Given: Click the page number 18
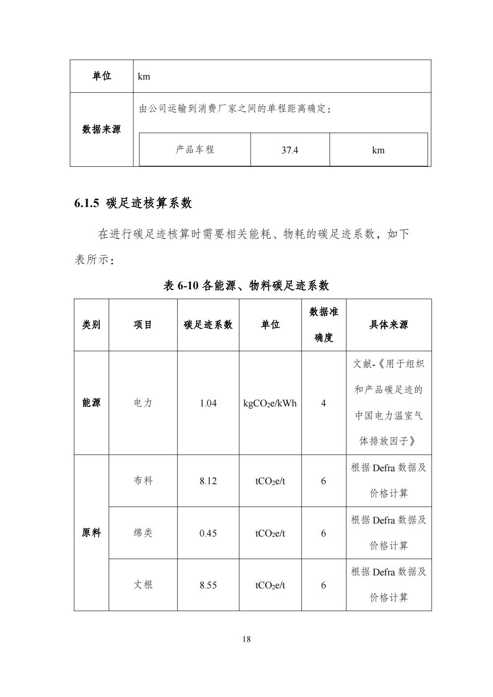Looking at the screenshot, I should tap(246, 639).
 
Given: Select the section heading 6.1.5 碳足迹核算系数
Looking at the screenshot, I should tap(133, 203).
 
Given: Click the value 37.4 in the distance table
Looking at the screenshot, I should tap(290, 150).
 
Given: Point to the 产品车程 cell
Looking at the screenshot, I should tap(195, 150).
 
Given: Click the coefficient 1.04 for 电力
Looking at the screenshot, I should tap(208, 403).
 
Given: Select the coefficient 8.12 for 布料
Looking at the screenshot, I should tap(208, 481).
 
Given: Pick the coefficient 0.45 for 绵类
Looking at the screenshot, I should tap(208, 533).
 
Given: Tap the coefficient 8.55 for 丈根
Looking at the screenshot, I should tap(208, 585).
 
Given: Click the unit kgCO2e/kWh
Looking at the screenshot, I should tap(270, 403).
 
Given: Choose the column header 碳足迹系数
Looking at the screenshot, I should tap(208, 325).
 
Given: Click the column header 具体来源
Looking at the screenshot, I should tap(388, 325).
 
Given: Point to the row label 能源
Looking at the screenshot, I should tap(91, 403).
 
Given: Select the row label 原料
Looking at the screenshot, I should tap(91, 533).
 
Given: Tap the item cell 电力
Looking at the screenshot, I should tap(143, 403).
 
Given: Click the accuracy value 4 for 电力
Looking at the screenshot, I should tap(323, 403).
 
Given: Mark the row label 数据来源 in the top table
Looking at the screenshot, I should tap(102, 130).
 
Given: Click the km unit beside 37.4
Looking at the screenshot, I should tap(378, 150).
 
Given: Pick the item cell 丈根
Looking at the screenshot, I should tap(143, 585).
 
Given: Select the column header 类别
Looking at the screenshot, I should tap(91, 325).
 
